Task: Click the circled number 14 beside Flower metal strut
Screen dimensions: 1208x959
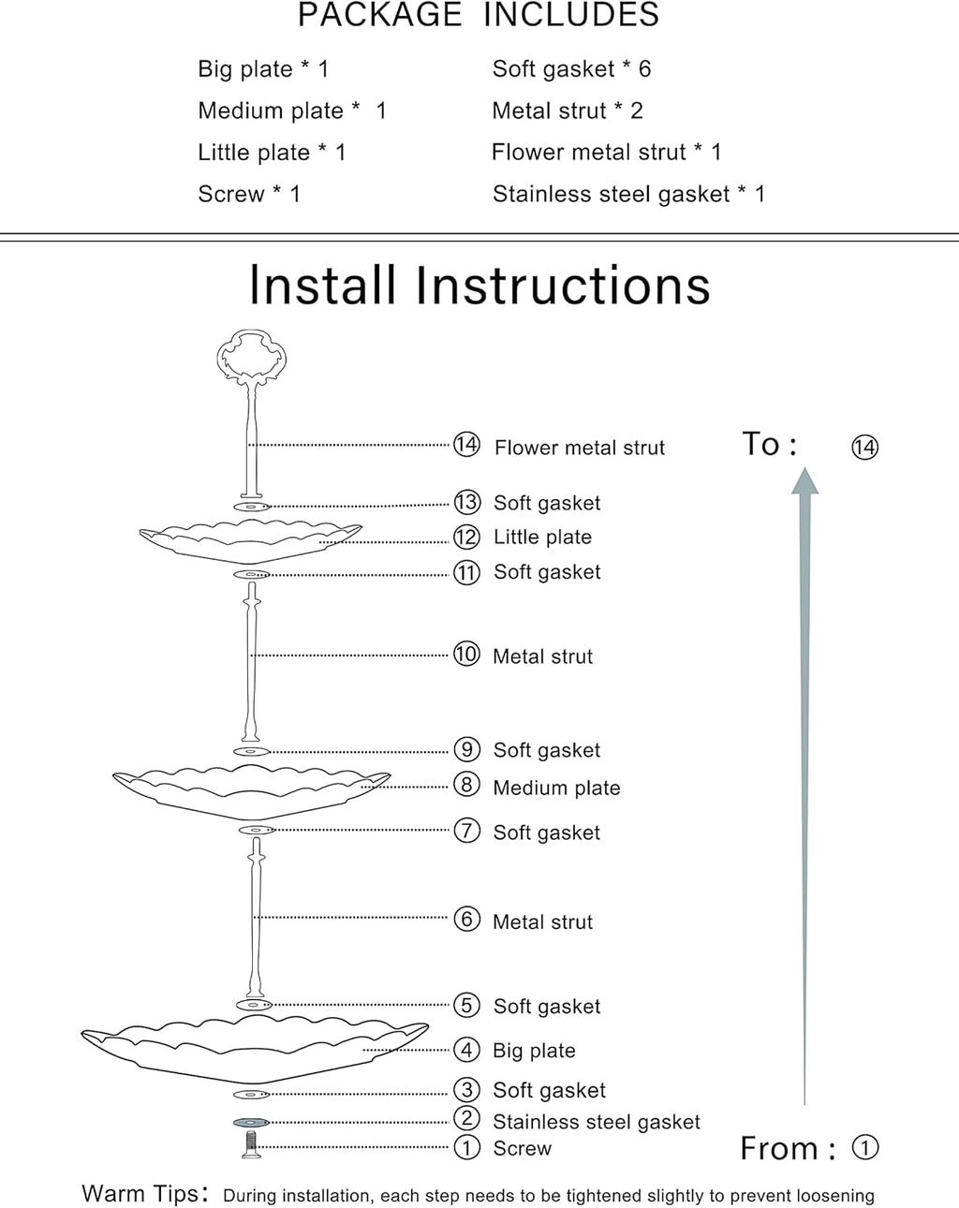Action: click(466, 445)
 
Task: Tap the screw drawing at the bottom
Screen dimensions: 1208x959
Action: click(250, 1144)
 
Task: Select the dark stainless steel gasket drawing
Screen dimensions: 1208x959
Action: click(251, 1122)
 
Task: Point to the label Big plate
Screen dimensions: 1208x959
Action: click(534, 1051)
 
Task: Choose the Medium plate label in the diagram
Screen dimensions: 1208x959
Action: click(556, 788)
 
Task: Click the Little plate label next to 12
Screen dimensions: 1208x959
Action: click(542, 537)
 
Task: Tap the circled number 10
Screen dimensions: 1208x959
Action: click(466, 654)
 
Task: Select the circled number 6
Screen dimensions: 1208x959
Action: click(466, 920)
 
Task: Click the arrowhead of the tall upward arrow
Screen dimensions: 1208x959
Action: click(804, 481)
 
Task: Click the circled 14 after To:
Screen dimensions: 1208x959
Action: click(864, 447)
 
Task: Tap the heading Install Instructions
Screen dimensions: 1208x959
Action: click(479, 286)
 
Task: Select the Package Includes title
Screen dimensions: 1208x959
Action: click(479, 15)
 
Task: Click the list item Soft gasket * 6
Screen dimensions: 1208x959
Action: click(571, 68)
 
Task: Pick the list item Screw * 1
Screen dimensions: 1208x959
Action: click(249, 194)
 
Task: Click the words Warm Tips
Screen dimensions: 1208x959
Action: click(140, 1194)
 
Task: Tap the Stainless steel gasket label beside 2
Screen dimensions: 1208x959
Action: click(596, 1122)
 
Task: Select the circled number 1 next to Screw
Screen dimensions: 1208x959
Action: click(466, 1147)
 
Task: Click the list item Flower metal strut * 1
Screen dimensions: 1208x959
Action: click(606, 152)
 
